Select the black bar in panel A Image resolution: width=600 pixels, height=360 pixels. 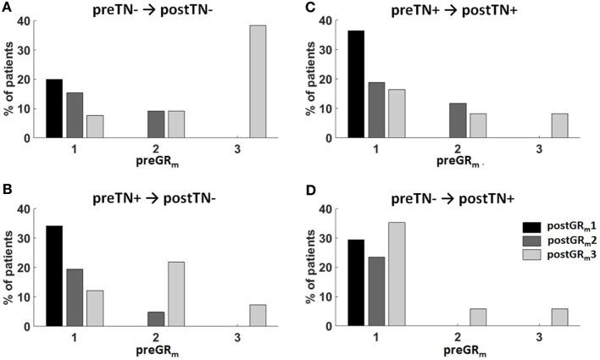tap(54, 108)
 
